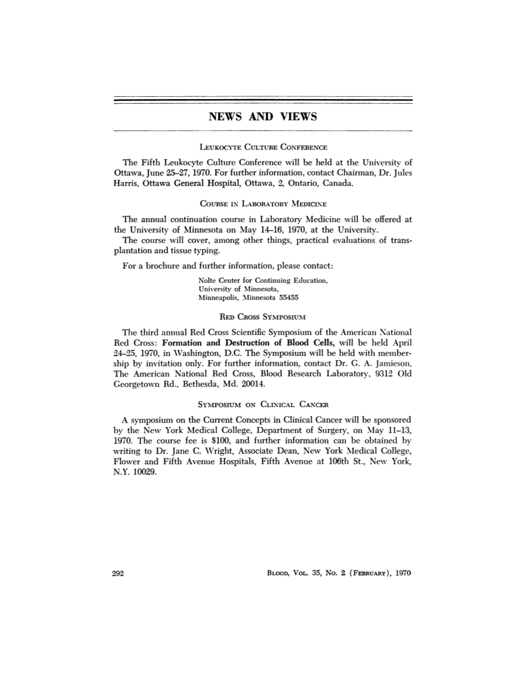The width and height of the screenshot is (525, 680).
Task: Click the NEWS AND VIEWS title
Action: tap(262, 117)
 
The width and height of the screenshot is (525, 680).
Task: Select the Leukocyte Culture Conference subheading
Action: tap(262, 147)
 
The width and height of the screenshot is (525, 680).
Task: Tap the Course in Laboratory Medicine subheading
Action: tap(263, 203)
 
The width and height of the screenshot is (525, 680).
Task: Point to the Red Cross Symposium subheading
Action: tap(263, 316)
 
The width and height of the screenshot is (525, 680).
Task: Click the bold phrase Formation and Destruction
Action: tap(216, 342)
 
